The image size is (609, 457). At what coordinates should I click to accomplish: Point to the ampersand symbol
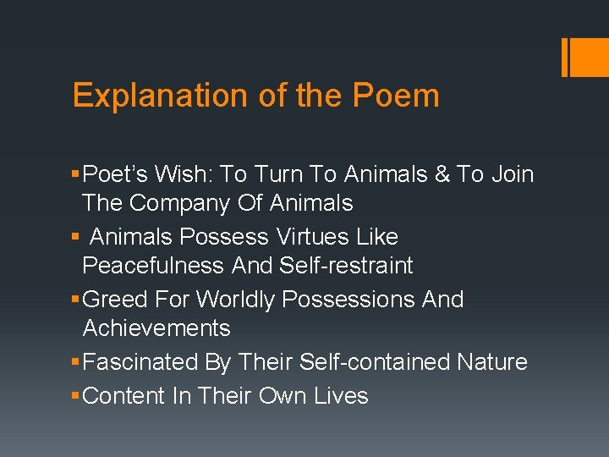[x=439, y=174]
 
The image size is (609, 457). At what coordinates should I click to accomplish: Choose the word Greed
[x=118, y=300]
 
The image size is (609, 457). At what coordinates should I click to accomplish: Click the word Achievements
[x=156, y=328]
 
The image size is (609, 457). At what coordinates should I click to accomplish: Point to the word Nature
[x=492, y=362]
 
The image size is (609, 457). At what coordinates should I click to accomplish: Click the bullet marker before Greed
[x=77, y=300]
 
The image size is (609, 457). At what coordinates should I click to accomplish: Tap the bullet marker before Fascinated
[x=77, y=363]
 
